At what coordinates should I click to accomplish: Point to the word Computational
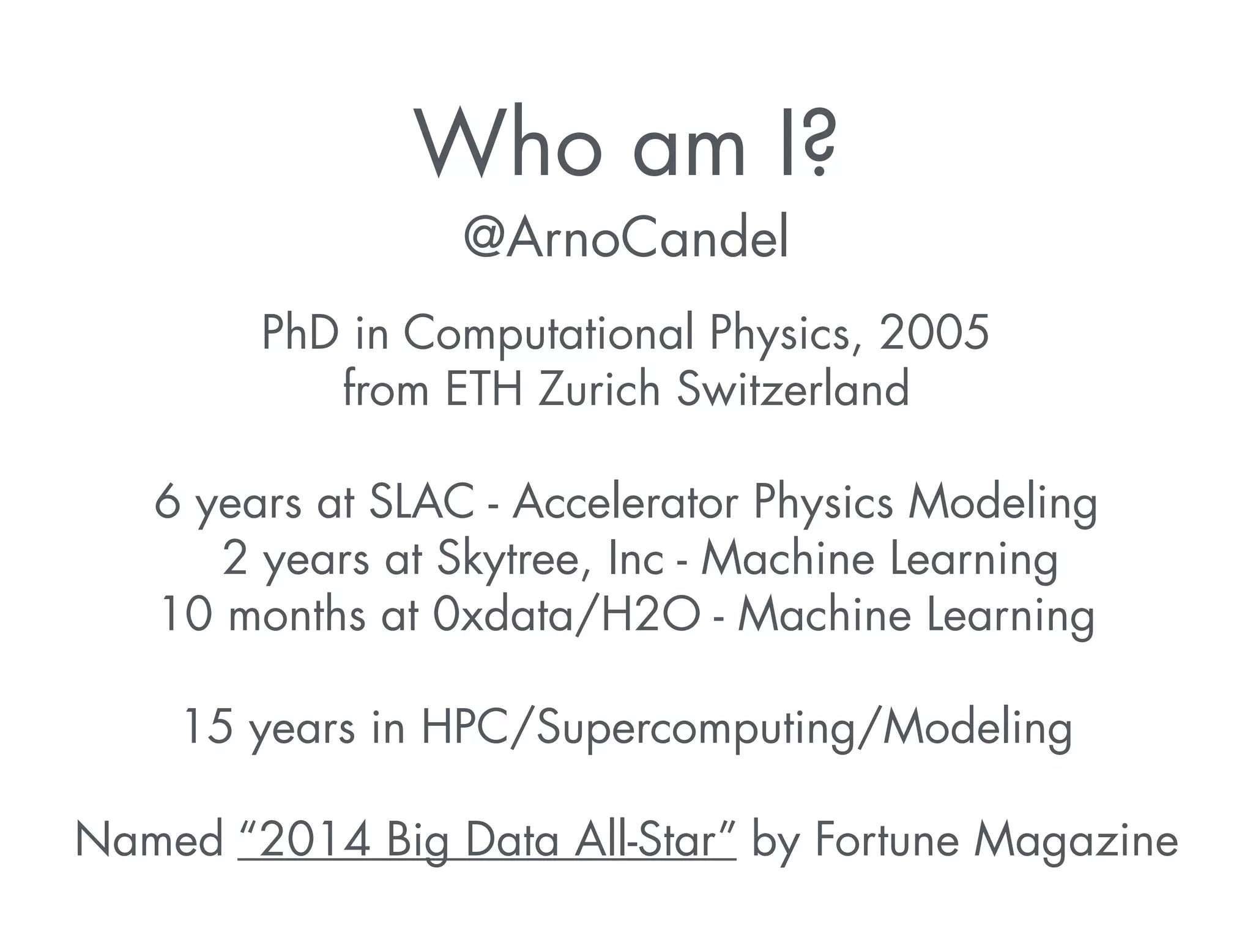(x=548, y=334)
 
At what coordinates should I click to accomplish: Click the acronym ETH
(x=484, y=389)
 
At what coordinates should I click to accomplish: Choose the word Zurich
(x=599, y=389)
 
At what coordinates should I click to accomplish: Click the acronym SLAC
(x=422, y=502)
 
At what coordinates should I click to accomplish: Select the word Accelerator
(x=625, y=502)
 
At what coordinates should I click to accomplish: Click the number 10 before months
(x=187, y=614)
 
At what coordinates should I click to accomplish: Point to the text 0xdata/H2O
(x=565, y=614)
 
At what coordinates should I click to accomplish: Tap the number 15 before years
(x=209, y=727)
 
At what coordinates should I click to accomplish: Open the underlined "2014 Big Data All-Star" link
(x=486, y=840)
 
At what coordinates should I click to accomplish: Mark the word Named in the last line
(x=149, y=840)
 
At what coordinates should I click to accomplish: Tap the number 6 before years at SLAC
(x=166, y=502)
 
